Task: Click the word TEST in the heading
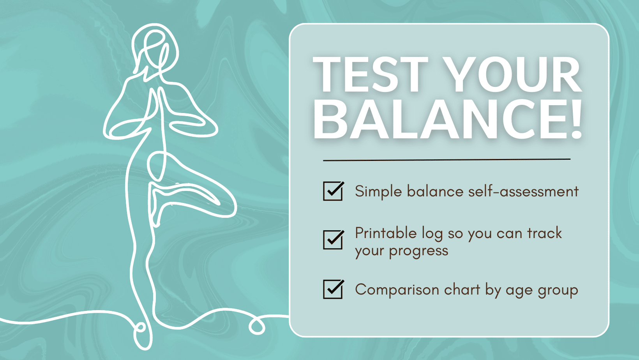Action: coord(370,75)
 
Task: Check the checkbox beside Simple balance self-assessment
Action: coord(333,191)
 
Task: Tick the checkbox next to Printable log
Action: coord(333,240)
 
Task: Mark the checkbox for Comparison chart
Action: coord(333,289)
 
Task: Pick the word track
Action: coord(544,233)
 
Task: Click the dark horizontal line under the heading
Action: coord(447,160)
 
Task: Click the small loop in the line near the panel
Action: coord(257,326)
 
